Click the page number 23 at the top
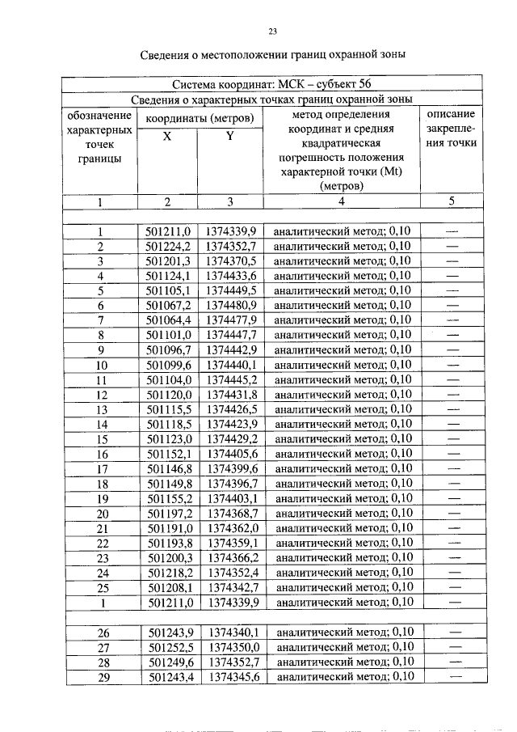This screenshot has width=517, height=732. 272,32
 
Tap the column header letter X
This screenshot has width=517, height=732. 166,137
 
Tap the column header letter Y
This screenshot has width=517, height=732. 230,137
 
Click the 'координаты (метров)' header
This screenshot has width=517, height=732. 199,117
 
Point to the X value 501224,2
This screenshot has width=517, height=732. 166,246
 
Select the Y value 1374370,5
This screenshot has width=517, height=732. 230,260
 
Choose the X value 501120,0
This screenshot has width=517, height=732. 166,394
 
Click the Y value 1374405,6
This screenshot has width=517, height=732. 230,453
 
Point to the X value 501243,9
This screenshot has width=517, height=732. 166,632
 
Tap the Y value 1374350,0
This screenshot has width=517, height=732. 230,647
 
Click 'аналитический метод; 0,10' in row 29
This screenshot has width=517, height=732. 343,676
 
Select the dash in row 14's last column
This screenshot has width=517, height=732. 452,423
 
